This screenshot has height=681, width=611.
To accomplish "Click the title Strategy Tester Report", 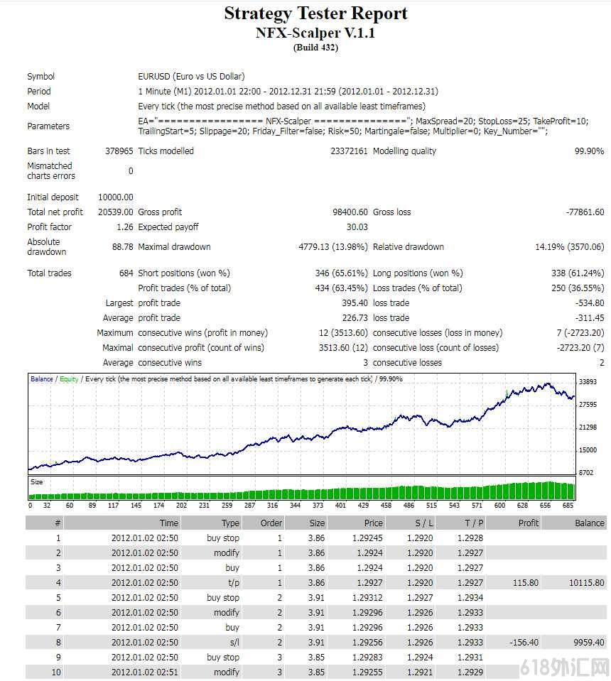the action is (315, 13).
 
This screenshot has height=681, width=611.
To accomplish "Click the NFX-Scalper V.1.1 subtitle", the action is (315, 33).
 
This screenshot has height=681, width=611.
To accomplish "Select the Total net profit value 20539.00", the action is (116, 212).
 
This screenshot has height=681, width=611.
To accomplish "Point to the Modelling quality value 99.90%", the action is (589, 151).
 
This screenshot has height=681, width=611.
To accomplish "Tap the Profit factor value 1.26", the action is (125, 227).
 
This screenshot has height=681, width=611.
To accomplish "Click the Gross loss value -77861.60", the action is (585, 212).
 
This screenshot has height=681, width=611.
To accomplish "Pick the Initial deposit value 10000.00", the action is (116, 197).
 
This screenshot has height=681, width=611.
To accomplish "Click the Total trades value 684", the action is (126, 273).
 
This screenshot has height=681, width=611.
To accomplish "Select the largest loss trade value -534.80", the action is (590, 303).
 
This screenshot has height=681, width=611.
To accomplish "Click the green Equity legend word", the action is (69, 379).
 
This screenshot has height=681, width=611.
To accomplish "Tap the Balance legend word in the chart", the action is (42, 379).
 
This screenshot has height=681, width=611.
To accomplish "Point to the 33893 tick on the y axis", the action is (588, 382).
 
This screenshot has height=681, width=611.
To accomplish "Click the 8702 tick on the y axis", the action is (586, 472).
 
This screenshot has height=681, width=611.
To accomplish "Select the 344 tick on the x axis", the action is (295, 505).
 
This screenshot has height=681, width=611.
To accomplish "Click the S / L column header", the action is (424, 523).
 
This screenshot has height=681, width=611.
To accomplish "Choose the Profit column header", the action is (529, 523).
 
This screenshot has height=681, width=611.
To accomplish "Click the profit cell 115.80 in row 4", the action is (526, 583).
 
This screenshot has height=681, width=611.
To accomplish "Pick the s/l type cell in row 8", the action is (234, 643).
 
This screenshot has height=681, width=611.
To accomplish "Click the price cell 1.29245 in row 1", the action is (367, 538).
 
